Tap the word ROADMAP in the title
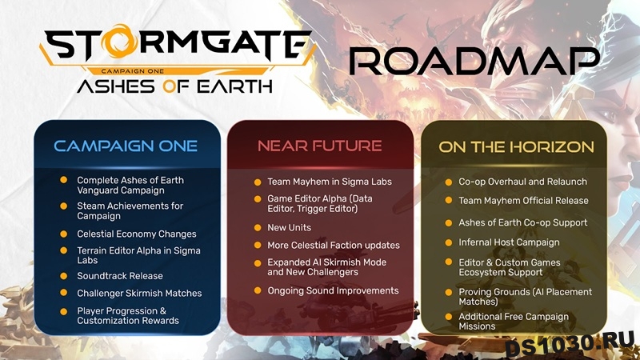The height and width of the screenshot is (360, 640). coord(474,62)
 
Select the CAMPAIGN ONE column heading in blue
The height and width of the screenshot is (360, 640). coord(126,146)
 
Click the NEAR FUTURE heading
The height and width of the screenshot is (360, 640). coord(319,146)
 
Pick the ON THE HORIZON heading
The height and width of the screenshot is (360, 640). coord(516,147)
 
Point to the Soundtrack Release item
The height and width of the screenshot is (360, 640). coord(120,276)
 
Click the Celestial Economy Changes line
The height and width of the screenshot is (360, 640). coord(137,234)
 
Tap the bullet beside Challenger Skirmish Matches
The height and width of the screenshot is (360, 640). coord(64,293)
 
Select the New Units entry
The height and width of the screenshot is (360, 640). coord(289,227)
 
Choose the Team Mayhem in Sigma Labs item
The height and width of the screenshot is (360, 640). coord(330,182)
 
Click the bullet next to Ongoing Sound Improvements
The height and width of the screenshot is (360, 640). coord(258,290)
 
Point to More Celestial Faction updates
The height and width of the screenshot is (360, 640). coord(334,246)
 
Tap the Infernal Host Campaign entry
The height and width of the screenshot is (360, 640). coord(509,242)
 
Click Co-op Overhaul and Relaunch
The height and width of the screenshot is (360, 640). coord(523,182)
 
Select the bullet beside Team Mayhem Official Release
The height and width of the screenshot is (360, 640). coord(449,201)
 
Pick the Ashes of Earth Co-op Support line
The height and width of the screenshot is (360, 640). coord(523,222)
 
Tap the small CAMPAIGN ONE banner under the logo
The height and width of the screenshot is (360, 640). coord(133,71)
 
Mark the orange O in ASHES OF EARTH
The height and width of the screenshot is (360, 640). coord(170,86)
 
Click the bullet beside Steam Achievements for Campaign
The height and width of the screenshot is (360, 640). coord(64,206)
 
